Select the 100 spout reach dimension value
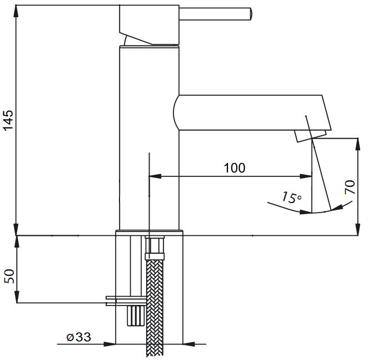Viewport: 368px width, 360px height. [234, 167]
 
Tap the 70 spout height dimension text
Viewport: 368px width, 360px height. [350, 186]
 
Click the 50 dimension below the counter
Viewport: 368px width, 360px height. [9, 277]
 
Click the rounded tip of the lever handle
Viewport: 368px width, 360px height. [250, 12]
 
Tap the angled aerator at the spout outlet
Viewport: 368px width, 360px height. [311, 135]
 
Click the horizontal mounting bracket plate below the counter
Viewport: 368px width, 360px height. [126, 301]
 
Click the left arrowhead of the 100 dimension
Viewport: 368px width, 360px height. [155, 176]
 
